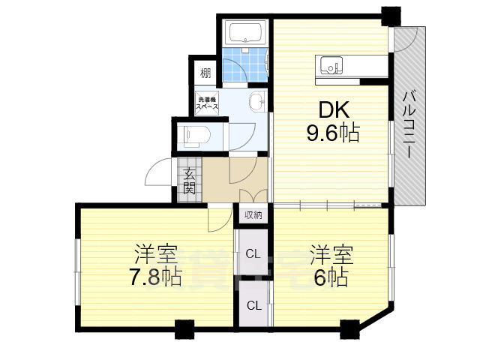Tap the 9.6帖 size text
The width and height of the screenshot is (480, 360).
pyautogui.click(x=331, y=134)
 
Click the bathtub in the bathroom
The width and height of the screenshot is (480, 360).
pyautogui.click(x=244, y=33)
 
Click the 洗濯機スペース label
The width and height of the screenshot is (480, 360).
pyautogui.click(x=207, y=103)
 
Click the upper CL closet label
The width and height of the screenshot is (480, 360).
pyautogui.click(x=253, y=253)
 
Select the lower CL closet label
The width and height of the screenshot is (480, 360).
pyautogui.click(x=253, y=305)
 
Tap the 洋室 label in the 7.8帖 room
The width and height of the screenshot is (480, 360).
pyautogui.click(x=156, y=253)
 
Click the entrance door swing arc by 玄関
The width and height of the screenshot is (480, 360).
pyautogui.click(x=159, y=174)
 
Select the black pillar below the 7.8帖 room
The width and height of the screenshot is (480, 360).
pyautogui.click(x=184, y=328)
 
